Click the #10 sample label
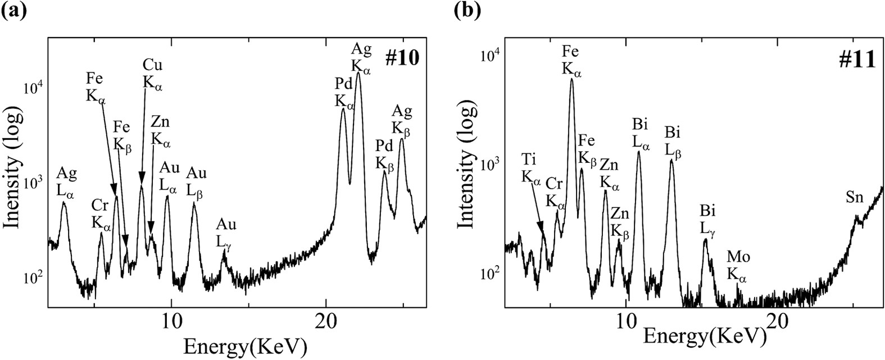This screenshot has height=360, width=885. [402, 58]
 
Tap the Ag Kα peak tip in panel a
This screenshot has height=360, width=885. [358, 73]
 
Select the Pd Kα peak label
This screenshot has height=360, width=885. [344, 93]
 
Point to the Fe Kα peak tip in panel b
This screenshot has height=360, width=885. [571, 79]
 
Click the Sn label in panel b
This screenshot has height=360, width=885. [855, 198]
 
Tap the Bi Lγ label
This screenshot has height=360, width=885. [707, 221]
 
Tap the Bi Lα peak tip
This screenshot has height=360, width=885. [639, 152]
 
